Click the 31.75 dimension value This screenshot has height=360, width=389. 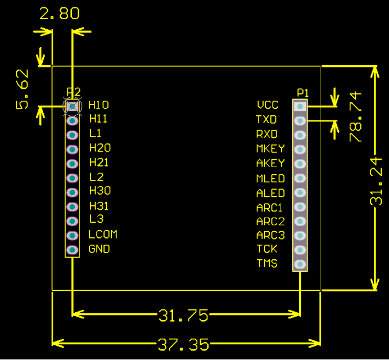(184, 316)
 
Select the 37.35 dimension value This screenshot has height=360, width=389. (184, 344)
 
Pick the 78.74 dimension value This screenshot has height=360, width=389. (355, 117)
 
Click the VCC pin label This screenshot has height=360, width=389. (268, 105)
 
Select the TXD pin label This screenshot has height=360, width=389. (266, 120)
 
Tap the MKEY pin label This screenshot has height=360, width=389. (270, 148)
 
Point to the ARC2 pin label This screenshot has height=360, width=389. (270, 221)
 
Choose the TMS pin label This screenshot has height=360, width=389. (267, 263)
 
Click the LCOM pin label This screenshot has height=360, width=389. (103, 234)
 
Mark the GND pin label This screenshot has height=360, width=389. (99, 249)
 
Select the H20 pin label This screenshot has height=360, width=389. (100, 148)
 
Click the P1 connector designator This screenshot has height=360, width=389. (303, 92)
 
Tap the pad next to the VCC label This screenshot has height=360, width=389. (300, 106)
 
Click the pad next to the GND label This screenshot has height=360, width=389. (72, 249)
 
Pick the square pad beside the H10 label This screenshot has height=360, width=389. (72, 105)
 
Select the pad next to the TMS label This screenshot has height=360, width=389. (300, 264)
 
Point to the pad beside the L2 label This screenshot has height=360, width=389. (72, 178)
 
